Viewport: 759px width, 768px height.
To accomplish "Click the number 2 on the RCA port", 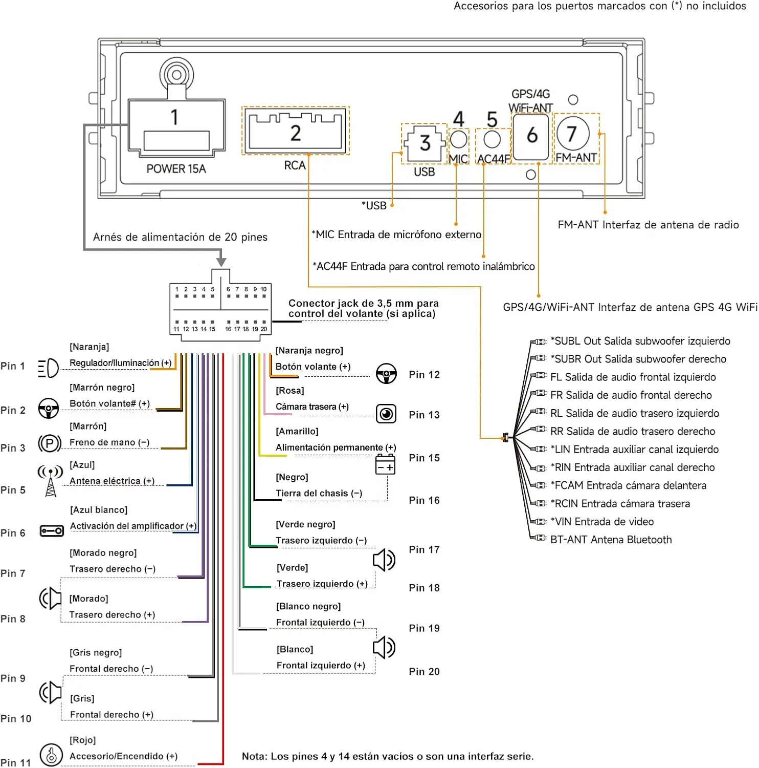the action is coord(296,133).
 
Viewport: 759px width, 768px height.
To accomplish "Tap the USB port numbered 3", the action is coord(424,143).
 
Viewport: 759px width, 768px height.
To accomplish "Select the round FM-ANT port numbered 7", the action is coord(572,134).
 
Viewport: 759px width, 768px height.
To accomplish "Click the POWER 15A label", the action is coord(176,168).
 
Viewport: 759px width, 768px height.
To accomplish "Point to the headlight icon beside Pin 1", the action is coord(49,368).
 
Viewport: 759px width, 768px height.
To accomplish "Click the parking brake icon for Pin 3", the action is coord(50,443).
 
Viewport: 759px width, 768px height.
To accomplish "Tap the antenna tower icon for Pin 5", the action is coord(51,481).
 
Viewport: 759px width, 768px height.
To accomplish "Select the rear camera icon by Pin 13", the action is coord(386,413).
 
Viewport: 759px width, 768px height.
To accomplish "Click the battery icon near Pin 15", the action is coord(385,464).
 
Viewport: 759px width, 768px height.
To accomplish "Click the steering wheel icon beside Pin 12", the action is coord(386,374).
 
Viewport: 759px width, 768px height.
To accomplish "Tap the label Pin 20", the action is coord(424,671).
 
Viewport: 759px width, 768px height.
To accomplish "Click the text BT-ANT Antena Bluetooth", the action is coord(611,540).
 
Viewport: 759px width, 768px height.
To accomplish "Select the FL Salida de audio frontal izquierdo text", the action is coord(633,377).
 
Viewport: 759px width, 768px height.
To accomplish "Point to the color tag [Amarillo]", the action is coord(297,431).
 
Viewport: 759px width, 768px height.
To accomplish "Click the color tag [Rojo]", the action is coord(83,740).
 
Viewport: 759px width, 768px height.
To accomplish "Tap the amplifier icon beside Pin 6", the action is coord(52,530).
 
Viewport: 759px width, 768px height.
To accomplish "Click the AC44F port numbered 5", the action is coord(492,139).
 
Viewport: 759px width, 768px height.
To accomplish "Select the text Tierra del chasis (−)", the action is coord(319,493).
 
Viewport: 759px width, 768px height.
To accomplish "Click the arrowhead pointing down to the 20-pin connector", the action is coord(221,261).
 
